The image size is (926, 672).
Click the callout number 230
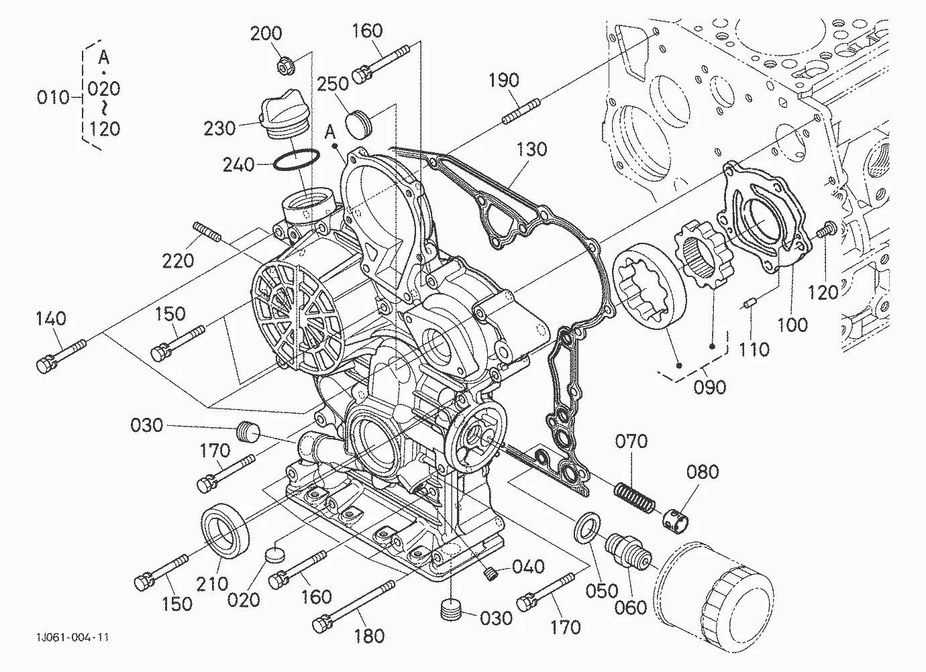[219, 129]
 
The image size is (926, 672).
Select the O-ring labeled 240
[297, 160]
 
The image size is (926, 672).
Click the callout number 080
[703, 471]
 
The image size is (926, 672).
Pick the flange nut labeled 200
[285, 66]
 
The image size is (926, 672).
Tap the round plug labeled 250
[358, 124]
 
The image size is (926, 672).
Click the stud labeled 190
[521, 111]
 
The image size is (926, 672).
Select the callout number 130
[531, 149]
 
